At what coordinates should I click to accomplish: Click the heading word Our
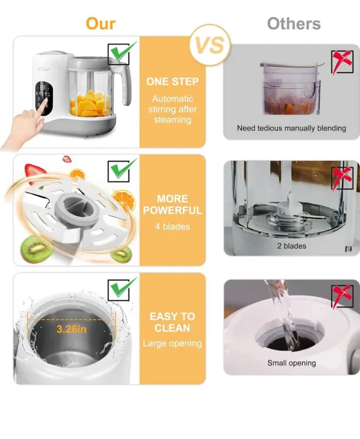coord(101,23)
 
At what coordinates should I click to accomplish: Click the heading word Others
coord(294,24)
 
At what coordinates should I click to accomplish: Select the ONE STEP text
coord(172,81)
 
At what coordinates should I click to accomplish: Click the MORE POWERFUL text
coord(172,205)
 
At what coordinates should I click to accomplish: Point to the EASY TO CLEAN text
coord(172,322)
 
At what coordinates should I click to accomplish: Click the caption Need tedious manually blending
coord(291,128)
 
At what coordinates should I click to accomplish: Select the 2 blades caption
coord(291,246)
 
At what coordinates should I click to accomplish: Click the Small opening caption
coord(291,363)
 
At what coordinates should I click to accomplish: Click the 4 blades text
coord(172,226)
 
